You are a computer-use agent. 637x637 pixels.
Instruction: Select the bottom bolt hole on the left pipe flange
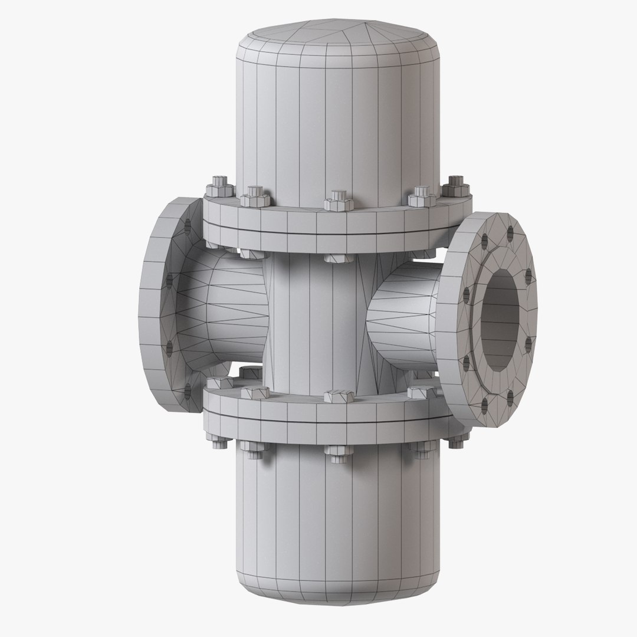click(x=188, y=388)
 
